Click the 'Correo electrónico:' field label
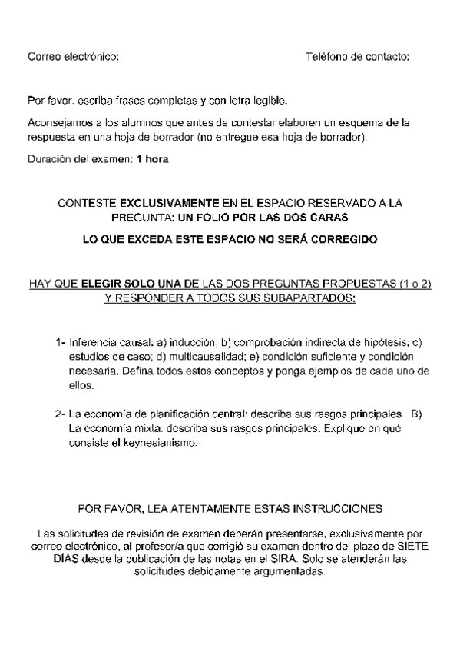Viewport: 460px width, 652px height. pos(74,57)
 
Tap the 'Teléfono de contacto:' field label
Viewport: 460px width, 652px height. pos(357,57)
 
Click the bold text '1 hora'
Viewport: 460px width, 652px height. pos(152,159)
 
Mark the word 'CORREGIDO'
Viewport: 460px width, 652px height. pos(343,239)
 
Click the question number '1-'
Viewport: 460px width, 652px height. pos(61,342)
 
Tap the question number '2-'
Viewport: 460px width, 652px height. pos(61,414)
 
